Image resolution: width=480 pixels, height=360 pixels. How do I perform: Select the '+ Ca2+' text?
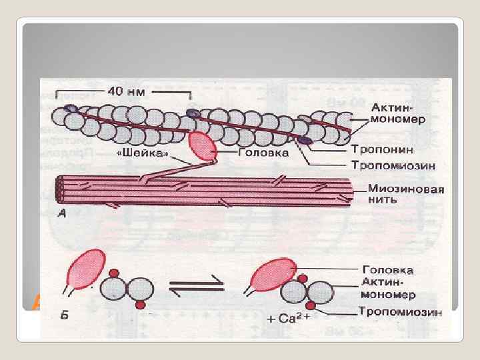pyautogui.click(x=289, y=319)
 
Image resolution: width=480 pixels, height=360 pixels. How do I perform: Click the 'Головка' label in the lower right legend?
pyautogui.click(x=387, y=271)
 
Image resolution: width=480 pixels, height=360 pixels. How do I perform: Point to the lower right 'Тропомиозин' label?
pyautogui.click(x=399, y=311)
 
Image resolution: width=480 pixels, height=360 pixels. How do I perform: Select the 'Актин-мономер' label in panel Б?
pyautogui.click(x=390, y=289)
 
